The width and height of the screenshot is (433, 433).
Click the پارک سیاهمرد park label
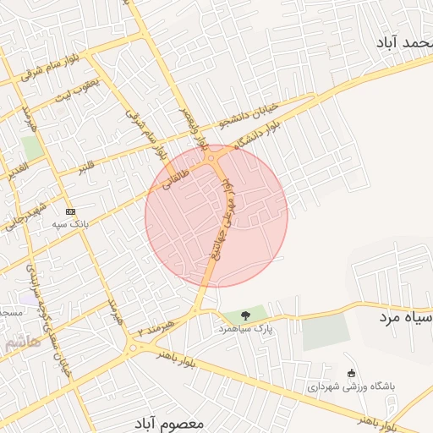click(246, 328)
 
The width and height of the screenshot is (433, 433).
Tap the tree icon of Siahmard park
click(246, 315)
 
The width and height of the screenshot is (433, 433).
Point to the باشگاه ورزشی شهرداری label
click(352, 386)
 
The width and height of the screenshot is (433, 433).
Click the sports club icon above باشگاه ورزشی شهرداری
click(352, 373)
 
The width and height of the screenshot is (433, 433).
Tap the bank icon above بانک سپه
click(70, 211)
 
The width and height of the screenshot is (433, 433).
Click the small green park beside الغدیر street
click(33, 147)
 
